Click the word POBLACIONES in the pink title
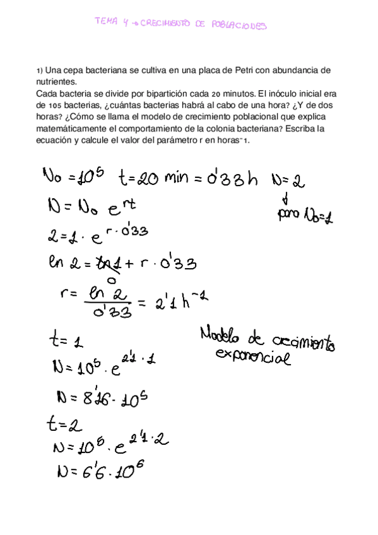(x=240, y=26)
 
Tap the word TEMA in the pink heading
(x=104, y=21)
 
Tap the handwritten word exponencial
(x=253, y=358)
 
